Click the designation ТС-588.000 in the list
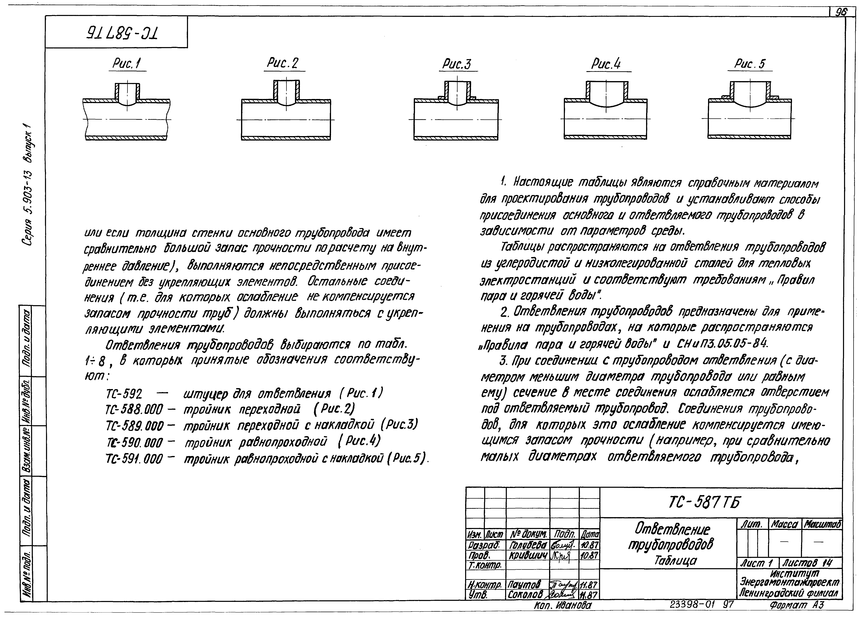135,410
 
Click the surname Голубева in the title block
527,545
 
